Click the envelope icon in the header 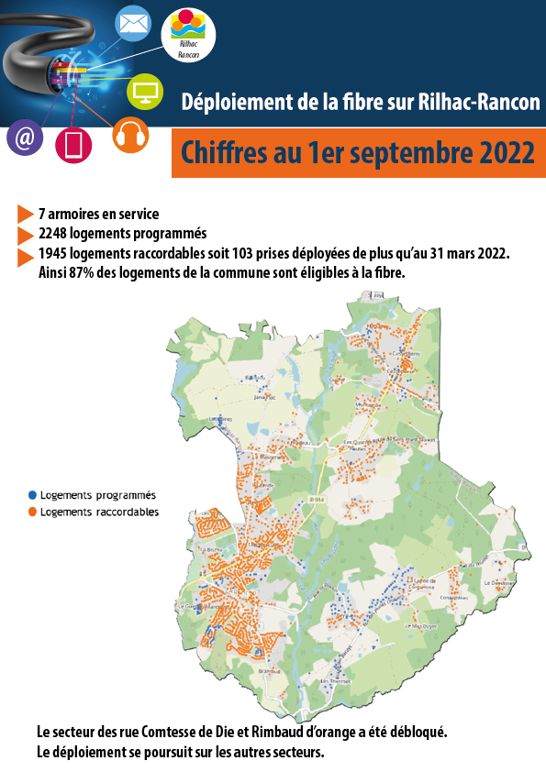(x=134, y=22)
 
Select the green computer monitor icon (x=143, y=90)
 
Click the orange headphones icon (x=130, y=136)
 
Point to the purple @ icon (x=25, y=138)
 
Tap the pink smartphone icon (x=73, y=145)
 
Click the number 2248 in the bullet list (x=54, y=233)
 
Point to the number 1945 (x=54, y=252)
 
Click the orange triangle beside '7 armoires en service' (x=25, y=215)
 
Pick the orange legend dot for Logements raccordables (x=32, y=512)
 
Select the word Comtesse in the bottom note (x=162, y=733)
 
